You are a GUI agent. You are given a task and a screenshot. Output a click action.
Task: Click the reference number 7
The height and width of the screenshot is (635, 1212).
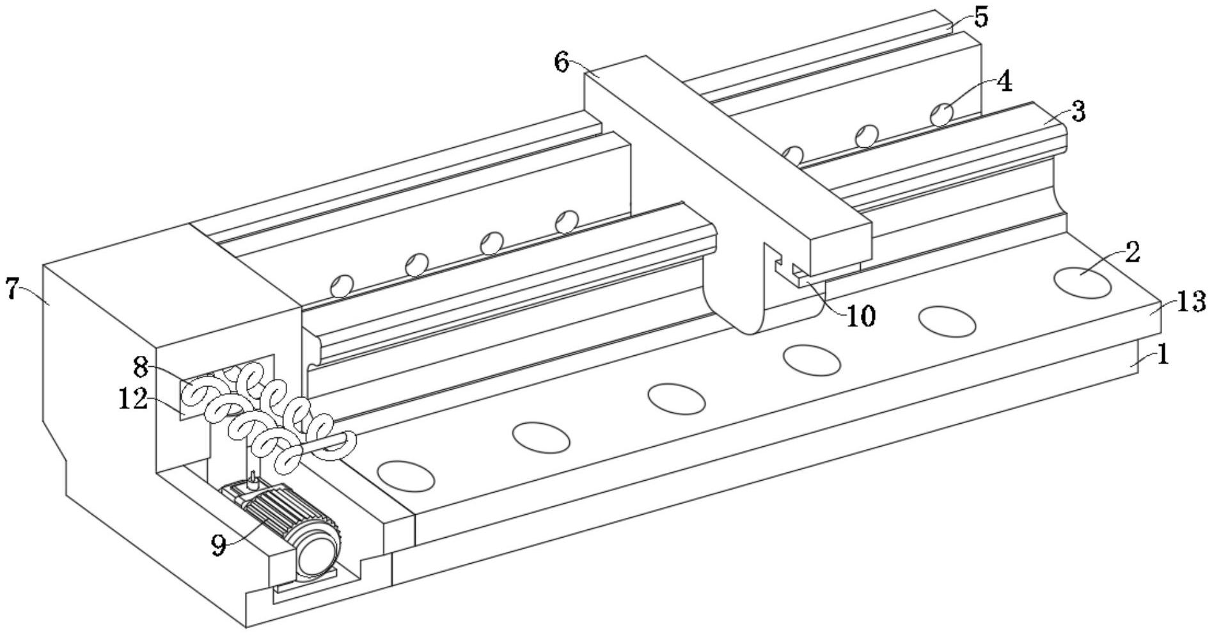tap(13, 289)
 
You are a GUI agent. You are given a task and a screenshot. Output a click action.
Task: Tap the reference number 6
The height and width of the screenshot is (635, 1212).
tap(562, 63)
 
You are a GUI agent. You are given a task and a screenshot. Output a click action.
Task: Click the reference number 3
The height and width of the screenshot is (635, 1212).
tap(1078, 112)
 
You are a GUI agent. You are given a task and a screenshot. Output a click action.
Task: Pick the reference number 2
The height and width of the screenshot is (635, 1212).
tap(1132, 253)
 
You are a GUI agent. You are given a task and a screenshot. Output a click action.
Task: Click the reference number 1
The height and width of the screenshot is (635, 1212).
tap(1163, 354)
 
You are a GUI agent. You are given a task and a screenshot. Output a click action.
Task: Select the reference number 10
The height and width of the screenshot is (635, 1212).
tap(860, 316)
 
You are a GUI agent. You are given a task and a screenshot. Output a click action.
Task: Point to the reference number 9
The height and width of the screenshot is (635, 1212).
tap(219, 545)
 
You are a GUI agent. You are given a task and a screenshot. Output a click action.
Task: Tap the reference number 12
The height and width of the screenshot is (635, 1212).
tap(133, 399)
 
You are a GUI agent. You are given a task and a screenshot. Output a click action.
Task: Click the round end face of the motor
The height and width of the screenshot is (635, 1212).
tap(316, 552)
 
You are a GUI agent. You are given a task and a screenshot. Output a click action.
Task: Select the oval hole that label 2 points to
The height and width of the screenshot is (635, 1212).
tap(1082, 282)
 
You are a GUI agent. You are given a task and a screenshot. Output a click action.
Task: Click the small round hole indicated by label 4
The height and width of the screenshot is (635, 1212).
tap(941, 115)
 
